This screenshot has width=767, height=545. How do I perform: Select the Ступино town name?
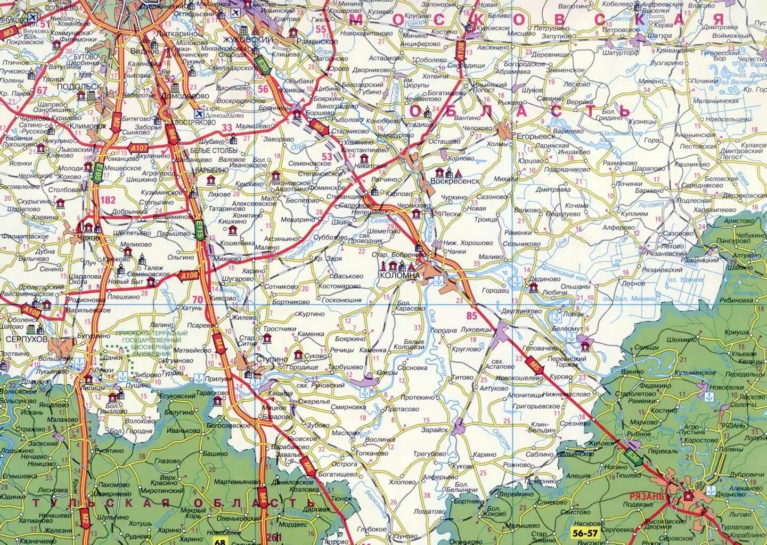click(272, 359)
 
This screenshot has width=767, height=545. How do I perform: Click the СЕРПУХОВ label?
click(24, 338)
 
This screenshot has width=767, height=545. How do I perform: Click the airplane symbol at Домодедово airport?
click(199, 113)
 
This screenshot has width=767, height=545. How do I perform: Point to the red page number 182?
click(108, 200)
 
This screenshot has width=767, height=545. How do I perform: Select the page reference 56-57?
click(583, 532)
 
